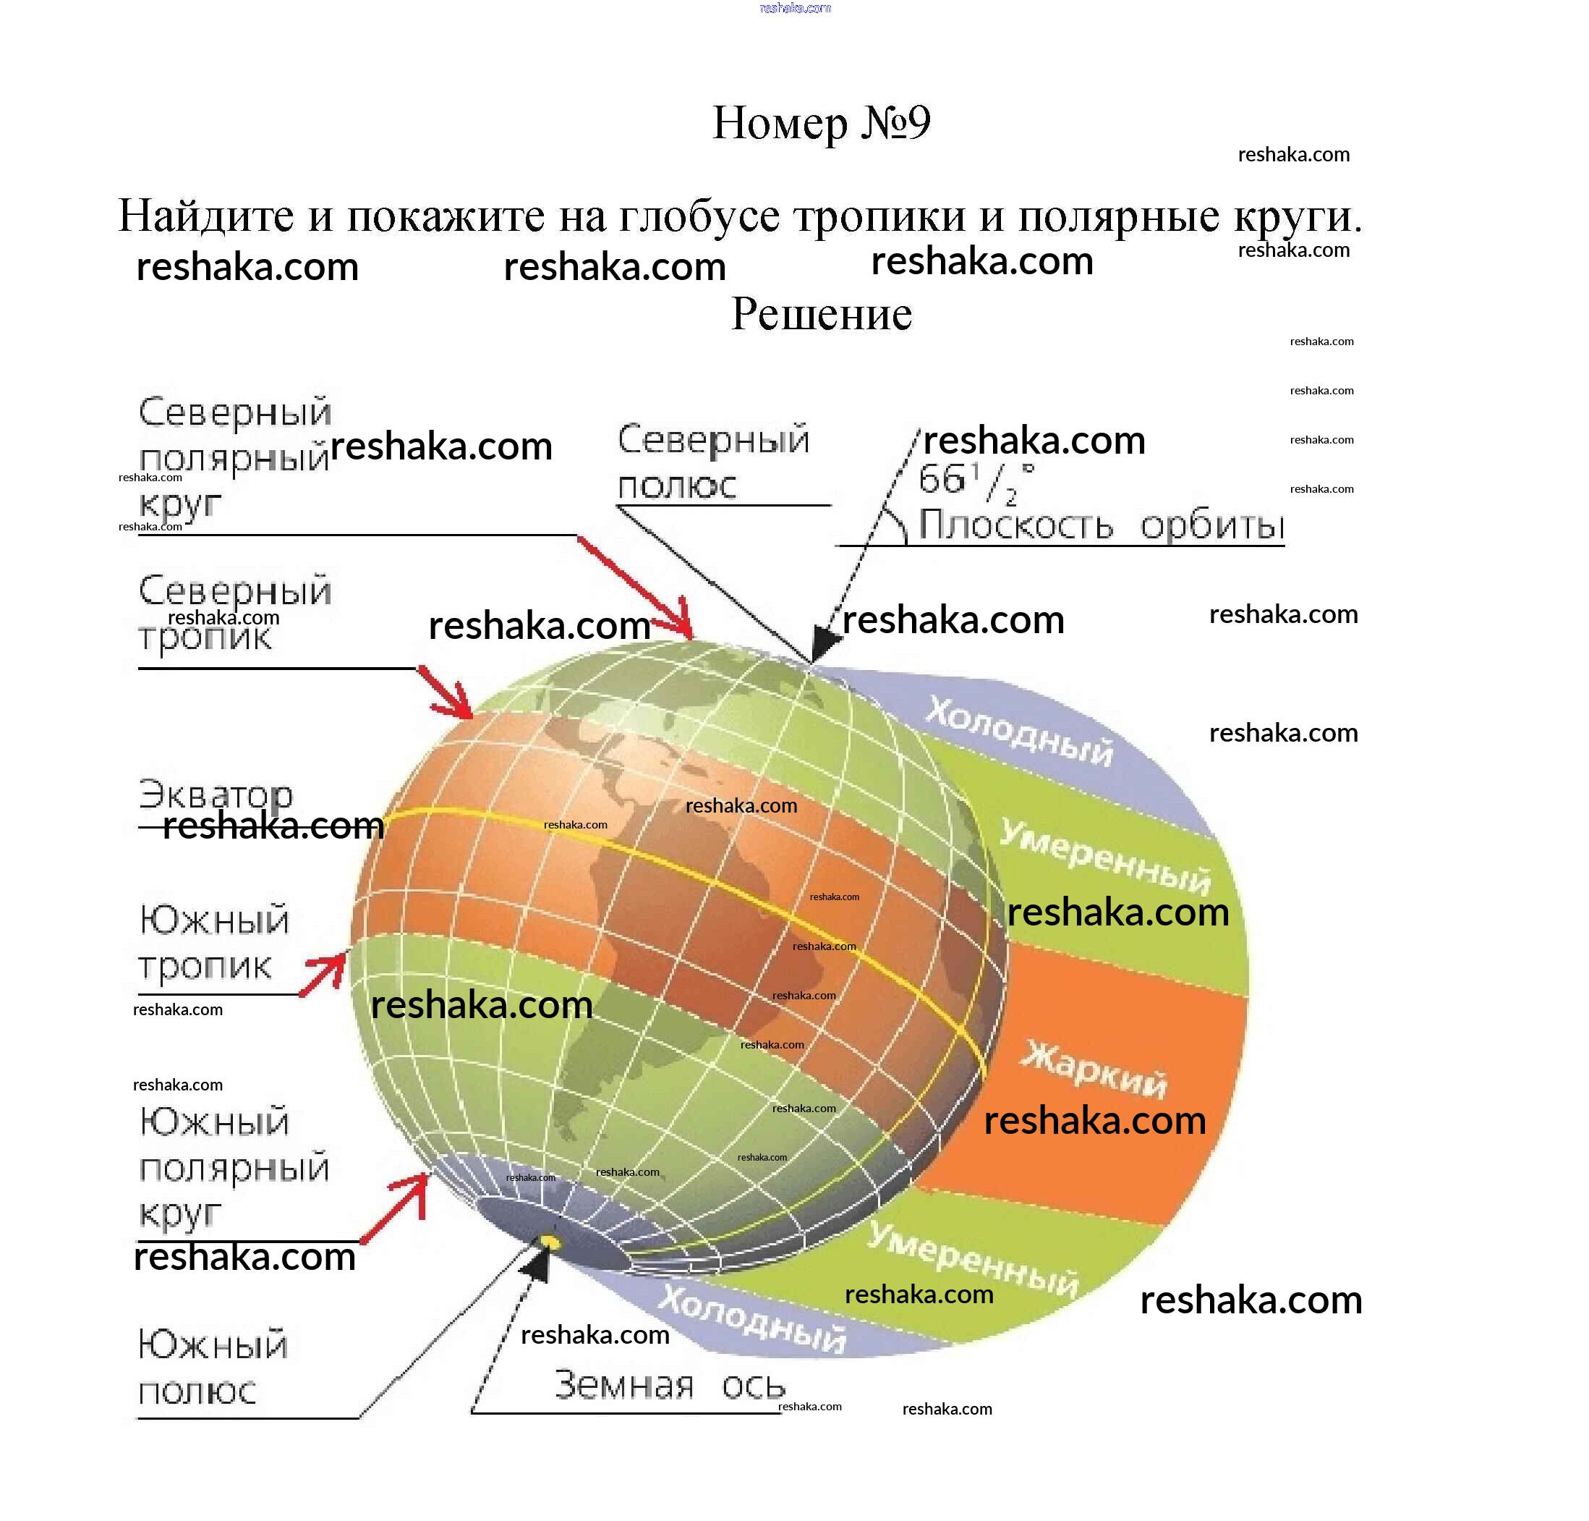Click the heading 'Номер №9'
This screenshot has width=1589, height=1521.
tap(821, 123)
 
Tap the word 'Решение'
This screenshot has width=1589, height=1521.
tap(821, 314)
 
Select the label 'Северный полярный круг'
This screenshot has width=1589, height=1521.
tap(234, 457)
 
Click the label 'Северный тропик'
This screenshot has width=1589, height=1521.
tap(235, 614)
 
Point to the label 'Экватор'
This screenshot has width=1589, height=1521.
tap(216, 795)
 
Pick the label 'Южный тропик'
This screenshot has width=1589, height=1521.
tap(214, 943)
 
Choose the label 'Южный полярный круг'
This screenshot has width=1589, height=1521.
tap(234, 1169)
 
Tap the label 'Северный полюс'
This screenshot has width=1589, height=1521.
tap(713, 462)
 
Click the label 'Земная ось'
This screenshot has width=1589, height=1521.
tap(669, 1386)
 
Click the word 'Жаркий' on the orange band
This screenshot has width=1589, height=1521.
tap(1093, 1069)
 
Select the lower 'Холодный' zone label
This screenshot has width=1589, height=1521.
tap(752, 1319)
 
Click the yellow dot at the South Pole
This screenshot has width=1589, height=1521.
tap(550, 1243)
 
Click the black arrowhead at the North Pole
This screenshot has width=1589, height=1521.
tap(825, 643)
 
